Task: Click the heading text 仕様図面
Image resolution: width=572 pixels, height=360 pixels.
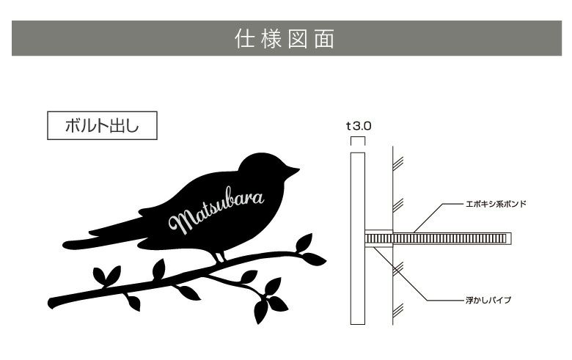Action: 285,39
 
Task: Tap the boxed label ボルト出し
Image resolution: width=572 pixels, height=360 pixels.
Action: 102,126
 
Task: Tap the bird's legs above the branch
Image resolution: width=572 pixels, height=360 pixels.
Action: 218,255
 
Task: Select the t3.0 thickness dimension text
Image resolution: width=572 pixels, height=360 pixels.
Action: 359,125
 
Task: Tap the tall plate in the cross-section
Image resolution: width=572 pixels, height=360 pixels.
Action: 357,238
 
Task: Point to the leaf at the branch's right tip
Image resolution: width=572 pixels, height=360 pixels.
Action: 314,258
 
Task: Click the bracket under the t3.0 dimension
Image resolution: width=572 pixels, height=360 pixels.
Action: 357,139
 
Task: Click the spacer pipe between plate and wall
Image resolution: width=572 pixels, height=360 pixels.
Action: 379,238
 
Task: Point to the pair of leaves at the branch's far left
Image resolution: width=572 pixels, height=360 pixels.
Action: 106,276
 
